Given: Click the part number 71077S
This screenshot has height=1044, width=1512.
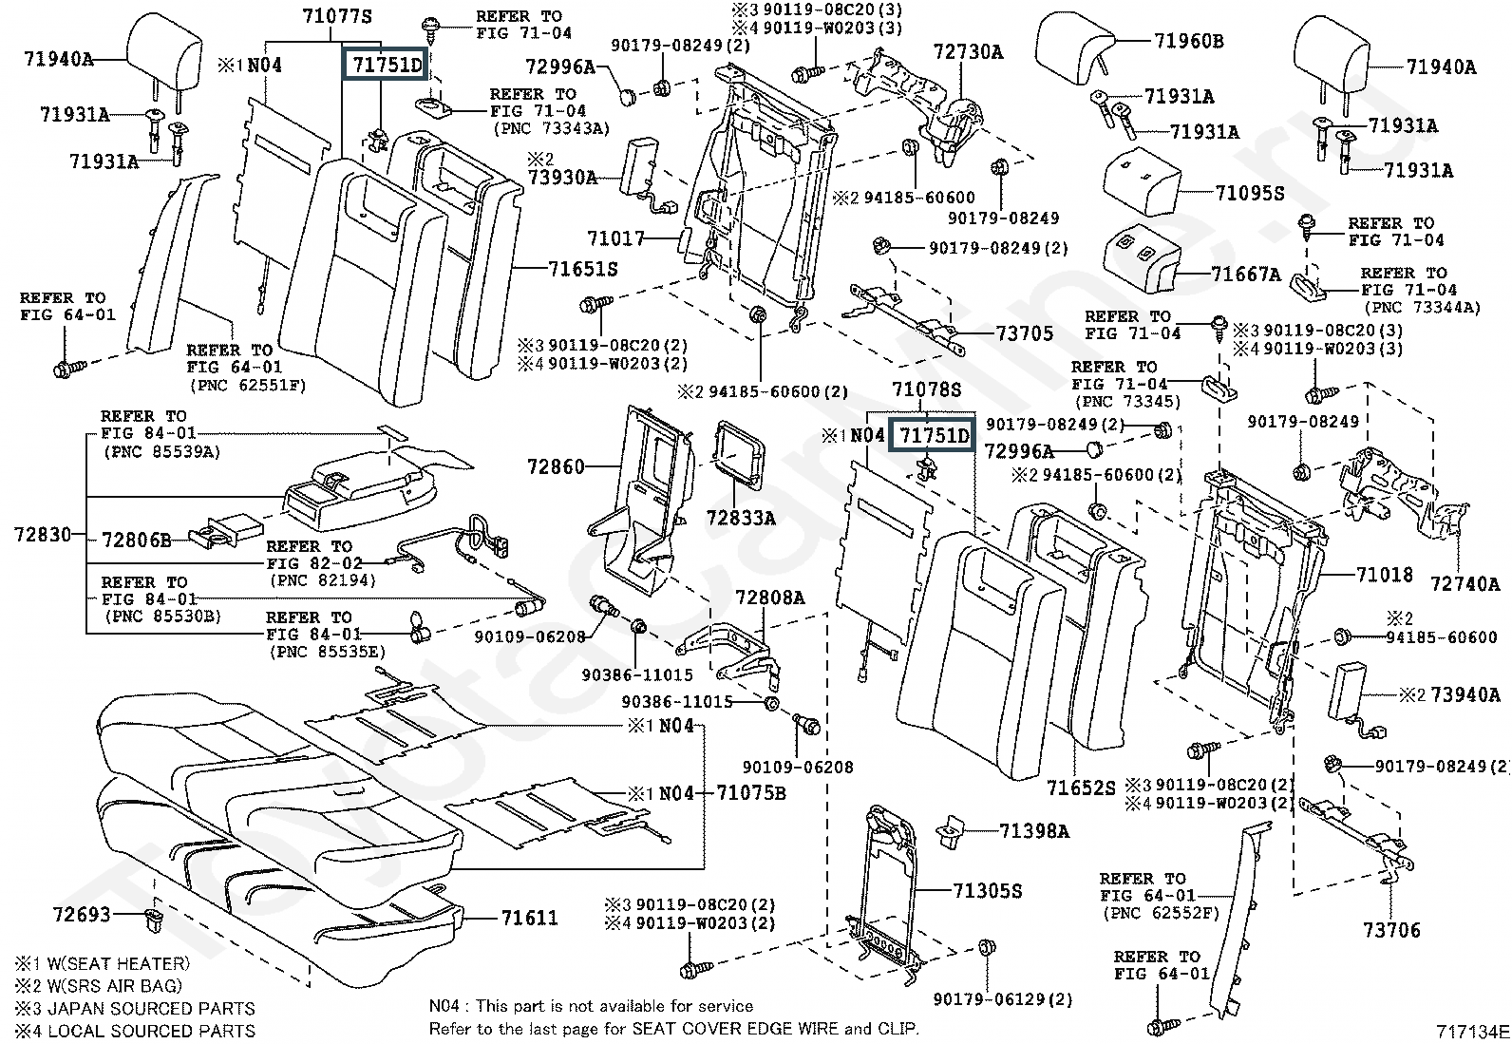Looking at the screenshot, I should tap(337, 16).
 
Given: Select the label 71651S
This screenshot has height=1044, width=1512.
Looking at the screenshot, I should tap(582, 269).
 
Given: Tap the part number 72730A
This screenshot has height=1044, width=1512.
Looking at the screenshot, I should tap(967, 52).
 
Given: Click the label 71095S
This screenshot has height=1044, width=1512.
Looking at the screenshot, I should tap(1249, 193).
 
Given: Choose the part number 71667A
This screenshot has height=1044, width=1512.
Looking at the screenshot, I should tap(1245, 275).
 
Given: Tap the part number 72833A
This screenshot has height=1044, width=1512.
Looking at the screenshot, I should tap(740, 518).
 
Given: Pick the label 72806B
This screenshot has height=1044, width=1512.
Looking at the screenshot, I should tap(136, 541).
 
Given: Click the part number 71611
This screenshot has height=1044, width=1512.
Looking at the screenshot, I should tap(529, 918).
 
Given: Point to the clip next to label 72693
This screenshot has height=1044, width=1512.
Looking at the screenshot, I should tap(151, 920).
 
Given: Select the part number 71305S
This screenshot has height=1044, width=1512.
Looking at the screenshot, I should tap(987, 890).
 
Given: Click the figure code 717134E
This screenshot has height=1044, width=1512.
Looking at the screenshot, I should tap(1471, 1031).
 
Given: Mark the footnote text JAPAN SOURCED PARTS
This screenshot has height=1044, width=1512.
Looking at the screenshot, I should tap(150, 1008).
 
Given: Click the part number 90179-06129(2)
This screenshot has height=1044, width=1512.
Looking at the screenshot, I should tap(1002, 998).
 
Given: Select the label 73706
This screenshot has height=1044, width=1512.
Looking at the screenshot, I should tap(1391, 930).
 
